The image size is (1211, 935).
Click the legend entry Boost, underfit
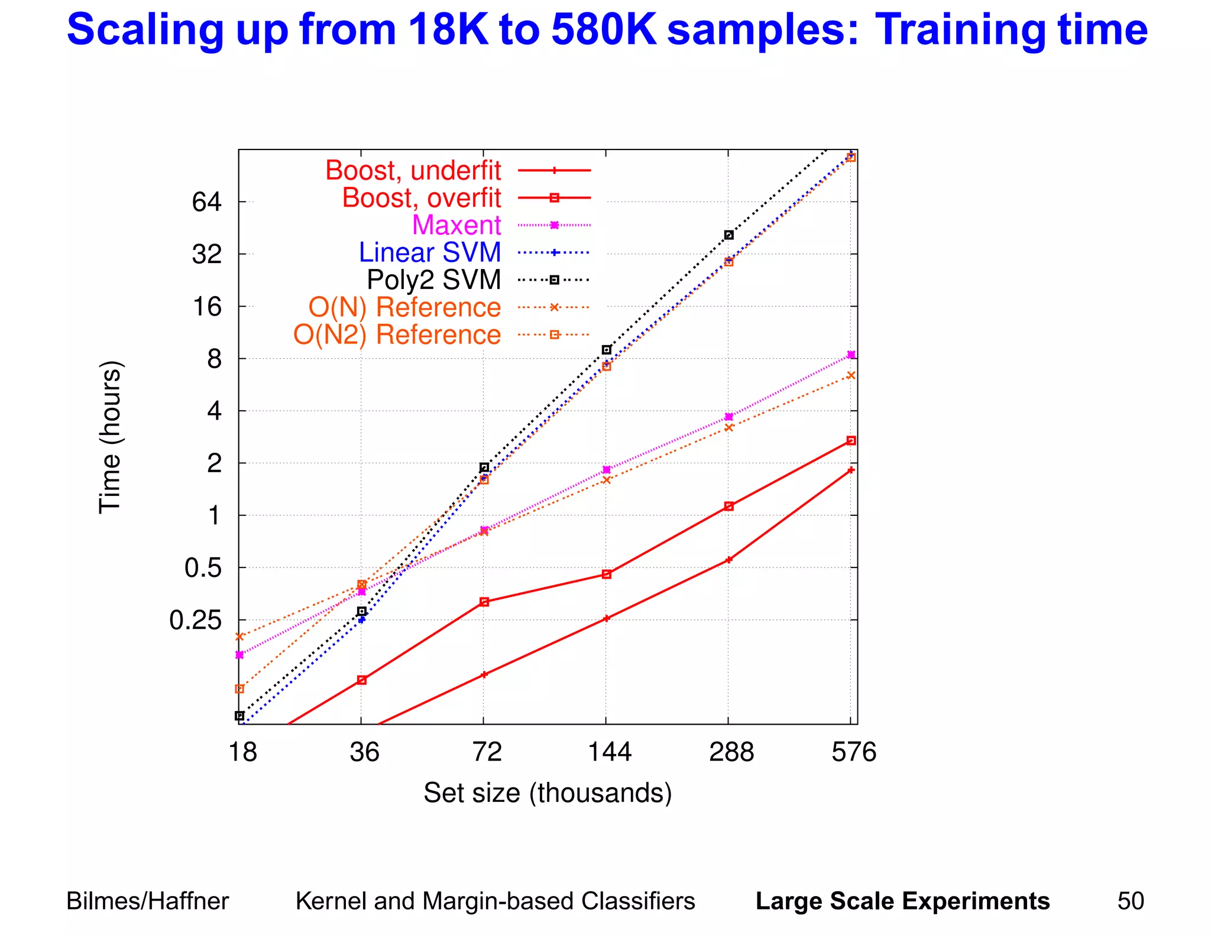point(413,171)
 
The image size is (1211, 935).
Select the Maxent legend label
point(456,225)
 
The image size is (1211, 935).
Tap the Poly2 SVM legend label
point(433,280)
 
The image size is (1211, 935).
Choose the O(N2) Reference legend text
point(397,335)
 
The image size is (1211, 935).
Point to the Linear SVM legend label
point(430,252)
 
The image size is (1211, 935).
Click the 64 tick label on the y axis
point(206,203)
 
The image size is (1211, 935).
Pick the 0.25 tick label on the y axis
point(195,621)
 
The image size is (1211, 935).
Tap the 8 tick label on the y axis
point(214,359)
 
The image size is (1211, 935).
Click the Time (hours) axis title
point(110,437)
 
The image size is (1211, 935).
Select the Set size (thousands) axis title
point(548,793)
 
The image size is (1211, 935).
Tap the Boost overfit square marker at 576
point(851,440)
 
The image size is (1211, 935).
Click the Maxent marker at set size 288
point(728,417)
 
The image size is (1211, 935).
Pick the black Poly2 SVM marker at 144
point(606,350)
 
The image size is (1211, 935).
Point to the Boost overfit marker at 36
point(362,680)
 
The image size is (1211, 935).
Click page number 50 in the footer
point(1130,901)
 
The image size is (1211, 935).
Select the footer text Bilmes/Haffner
point(147,901)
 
